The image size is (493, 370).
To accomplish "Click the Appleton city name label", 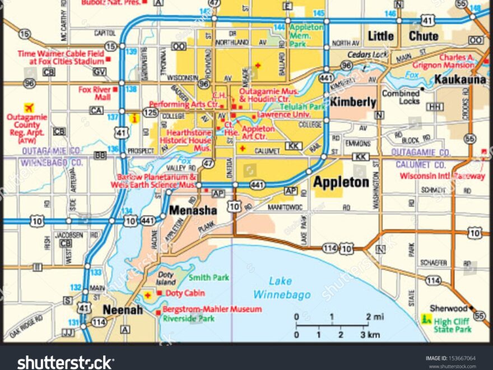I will [x=341, y=182].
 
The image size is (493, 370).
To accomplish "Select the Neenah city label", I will [x=120, y=309].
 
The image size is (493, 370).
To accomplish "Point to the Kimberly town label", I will [x=352, y=102].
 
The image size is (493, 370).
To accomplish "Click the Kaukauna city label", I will [x=460, y=80].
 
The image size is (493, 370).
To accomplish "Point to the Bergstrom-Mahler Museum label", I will [x=212, y=309].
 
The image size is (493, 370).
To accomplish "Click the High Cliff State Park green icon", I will [x=426, y=320].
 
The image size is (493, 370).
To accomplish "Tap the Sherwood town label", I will [x=448, y=308].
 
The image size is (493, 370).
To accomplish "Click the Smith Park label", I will [x=209, y=277].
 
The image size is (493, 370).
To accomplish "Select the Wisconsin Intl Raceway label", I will [x=442, y=175].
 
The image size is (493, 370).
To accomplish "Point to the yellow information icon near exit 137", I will [x=134, y=118].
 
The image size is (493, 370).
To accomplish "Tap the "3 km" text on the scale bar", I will [x=369, y=335].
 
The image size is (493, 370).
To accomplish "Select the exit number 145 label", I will [x=318, y=13].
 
